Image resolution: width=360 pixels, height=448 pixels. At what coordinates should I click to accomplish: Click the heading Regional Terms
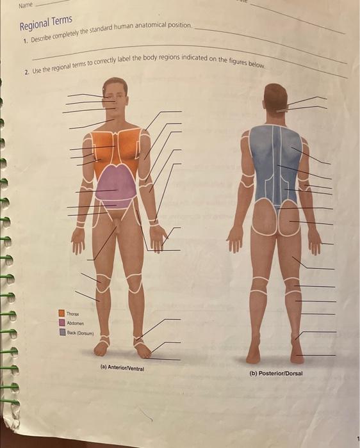tap(45, 23)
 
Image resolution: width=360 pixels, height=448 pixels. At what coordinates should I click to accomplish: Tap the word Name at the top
tap(26, 5)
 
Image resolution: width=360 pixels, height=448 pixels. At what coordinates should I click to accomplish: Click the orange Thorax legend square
tap(61, 313)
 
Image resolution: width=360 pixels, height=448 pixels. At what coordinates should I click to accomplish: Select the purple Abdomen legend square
tap(62, 323)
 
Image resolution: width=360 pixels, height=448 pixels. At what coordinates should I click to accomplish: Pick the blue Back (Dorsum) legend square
tap(63, 332)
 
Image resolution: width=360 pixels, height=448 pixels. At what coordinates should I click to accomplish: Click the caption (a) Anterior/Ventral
tap(122, 368)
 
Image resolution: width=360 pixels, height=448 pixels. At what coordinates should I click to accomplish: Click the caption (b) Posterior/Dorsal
tap(276, 373)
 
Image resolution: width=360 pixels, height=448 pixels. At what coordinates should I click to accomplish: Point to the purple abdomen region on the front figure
tap(116, 186)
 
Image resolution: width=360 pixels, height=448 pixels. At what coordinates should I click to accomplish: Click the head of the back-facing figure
tap(275, 97)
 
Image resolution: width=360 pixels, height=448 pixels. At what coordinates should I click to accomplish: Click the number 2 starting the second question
tap(27, 72)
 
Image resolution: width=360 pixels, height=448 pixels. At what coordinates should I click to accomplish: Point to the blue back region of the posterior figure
tap(275, 163)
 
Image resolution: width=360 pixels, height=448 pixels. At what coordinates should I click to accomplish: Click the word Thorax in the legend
tap(72, 314)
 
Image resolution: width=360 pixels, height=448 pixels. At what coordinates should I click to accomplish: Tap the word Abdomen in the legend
tap(76, 323)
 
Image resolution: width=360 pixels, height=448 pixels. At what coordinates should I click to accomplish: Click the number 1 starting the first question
tap(26, 41)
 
